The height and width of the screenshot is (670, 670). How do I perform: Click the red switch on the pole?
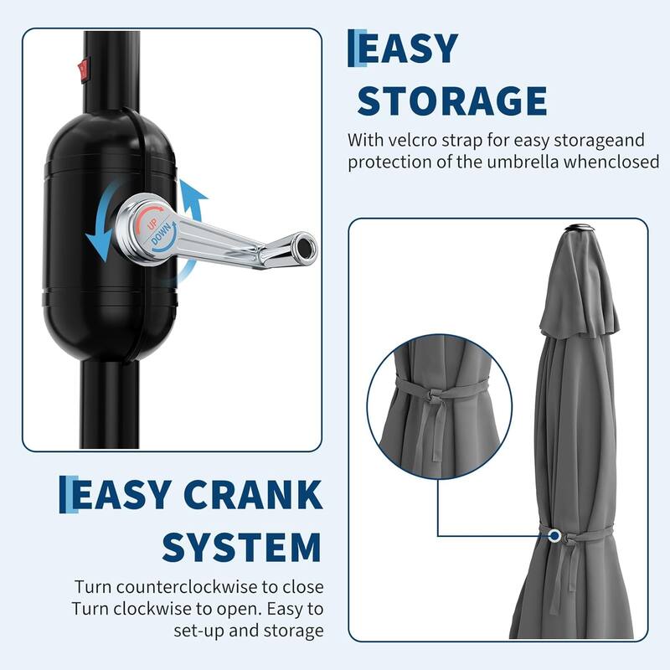pyautogui.click(x=83, y=70)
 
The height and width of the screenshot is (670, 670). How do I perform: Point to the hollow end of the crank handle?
pyautogui.click(x=305, y=247)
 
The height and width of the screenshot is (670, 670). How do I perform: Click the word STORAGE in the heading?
pyautogui.click(x=452, y=100)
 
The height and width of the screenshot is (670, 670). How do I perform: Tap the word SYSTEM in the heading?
pyautogui.click(x=241, y=547)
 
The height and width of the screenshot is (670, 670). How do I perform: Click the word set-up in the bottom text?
pyautogui.click(x=198, y=631)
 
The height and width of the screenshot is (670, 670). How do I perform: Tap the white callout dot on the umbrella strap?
pyautogui.click(x=554, y=535)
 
